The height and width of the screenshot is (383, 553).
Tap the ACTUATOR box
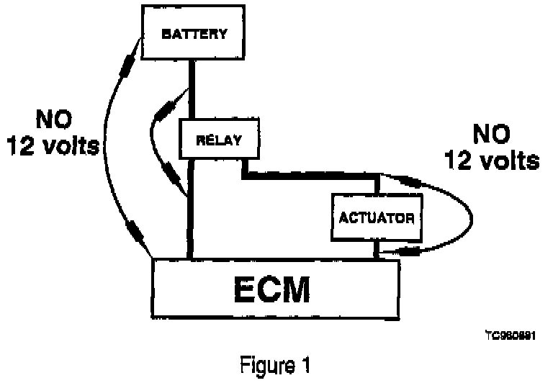(376, 216)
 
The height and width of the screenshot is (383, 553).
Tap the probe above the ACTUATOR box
(413, 182)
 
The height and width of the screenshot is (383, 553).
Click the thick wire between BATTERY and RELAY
(191, 90)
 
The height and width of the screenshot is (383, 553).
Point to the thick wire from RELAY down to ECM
(191, 209)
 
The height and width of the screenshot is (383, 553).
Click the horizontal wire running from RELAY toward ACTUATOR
(310, 175)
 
